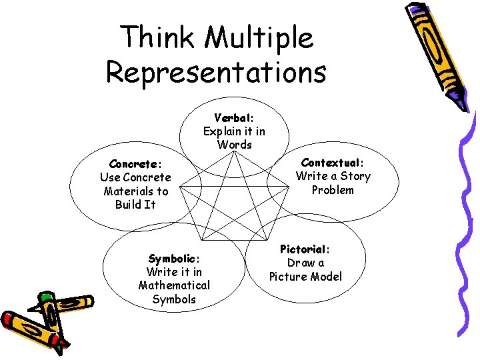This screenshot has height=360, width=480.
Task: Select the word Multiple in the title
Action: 259,39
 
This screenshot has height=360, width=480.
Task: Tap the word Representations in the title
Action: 215,72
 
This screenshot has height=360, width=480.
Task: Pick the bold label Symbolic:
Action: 174,259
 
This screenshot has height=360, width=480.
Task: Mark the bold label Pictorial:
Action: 305,249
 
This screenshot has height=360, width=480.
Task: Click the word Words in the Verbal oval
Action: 235,145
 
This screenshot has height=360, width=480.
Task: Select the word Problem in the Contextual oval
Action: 333,190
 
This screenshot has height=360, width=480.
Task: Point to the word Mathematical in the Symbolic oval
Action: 174,285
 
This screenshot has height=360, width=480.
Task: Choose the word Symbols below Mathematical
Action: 174,299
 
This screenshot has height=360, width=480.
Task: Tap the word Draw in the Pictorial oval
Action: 297,263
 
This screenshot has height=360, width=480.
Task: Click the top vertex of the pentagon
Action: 235,153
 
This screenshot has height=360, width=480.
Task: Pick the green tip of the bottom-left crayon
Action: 45,297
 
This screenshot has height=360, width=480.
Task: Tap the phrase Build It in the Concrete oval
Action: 135,205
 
